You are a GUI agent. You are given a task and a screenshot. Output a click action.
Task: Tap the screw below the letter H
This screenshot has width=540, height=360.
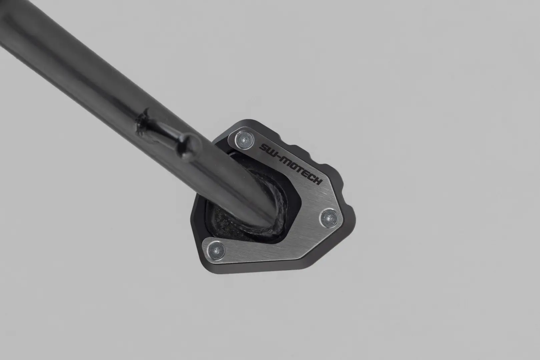pyautogui.click(x=329, y=218)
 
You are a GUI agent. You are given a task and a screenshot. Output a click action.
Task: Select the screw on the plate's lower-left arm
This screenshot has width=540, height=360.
pyautogui.click(x=216, y=250)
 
